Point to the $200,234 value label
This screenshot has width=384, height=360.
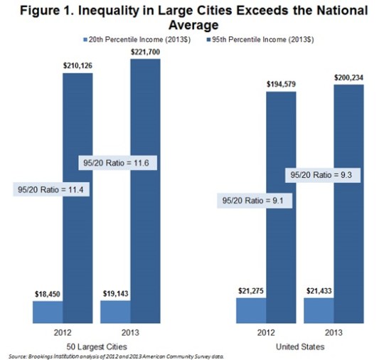click(351, 77)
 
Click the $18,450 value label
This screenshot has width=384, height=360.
click(47, 292)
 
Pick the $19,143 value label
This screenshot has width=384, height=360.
click(115, 292)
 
